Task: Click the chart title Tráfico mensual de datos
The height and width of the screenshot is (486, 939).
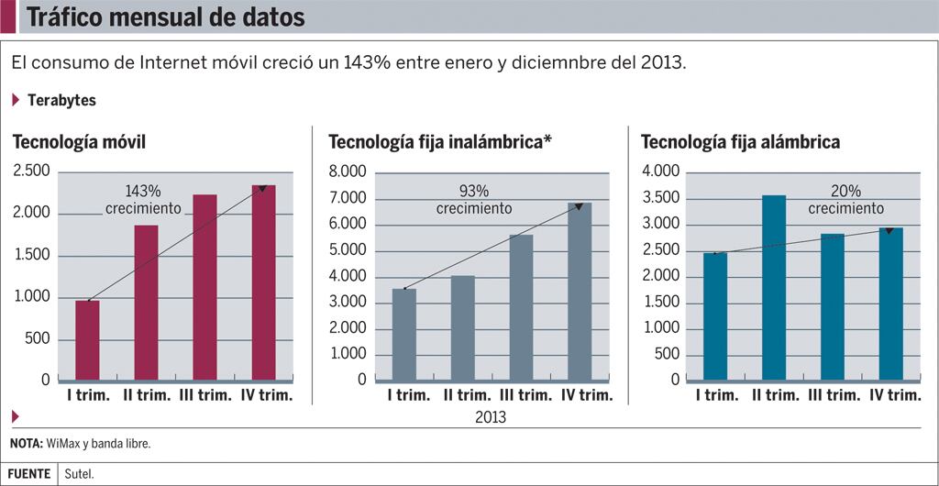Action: [x=165, y=17]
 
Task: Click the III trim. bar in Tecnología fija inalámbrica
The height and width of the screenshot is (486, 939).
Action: [x=521, y=307]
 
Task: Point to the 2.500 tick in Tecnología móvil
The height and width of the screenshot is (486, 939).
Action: [x=32, y=171]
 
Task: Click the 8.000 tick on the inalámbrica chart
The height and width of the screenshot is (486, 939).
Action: [x=348, y=171]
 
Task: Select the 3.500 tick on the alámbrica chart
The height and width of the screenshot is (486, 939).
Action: [x=661, y=198]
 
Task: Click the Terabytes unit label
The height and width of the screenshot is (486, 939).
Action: [x=62, y=100]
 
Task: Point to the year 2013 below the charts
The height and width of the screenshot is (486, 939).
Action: [x=491, y=417]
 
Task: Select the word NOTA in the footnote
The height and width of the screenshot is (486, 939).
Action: [x=26, y=444]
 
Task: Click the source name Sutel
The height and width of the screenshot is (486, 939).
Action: [x=79, y=474]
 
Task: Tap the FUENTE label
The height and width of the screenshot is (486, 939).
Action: [x=28, y=474]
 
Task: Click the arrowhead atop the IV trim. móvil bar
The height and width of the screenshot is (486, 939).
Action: [x=263, y=188]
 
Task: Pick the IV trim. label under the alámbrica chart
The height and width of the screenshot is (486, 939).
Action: [x=894, y=395]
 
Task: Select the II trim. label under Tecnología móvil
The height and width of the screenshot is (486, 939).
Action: [x=146, y=395]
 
